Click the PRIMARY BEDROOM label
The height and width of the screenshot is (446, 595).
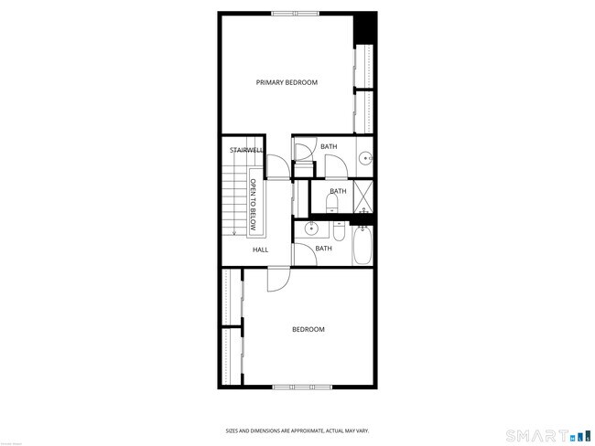[x=287, y=82]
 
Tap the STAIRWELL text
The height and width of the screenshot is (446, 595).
[x=246, y=149]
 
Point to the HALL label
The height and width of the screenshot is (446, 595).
[x=260, y=249]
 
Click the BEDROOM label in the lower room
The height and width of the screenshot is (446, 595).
[x=308, y=329]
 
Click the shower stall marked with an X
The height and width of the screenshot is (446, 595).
[x=363, y=196]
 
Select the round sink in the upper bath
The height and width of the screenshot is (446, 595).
[x=366, y=158]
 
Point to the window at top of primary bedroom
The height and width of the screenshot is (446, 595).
[x=296, y=13]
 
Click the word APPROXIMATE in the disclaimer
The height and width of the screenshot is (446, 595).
[x=289, y=430]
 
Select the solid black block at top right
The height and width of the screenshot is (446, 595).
[x=365, y=27]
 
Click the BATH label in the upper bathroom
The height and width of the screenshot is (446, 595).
[x=329, y=146]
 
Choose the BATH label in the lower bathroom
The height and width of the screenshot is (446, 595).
[x=323, y=248]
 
